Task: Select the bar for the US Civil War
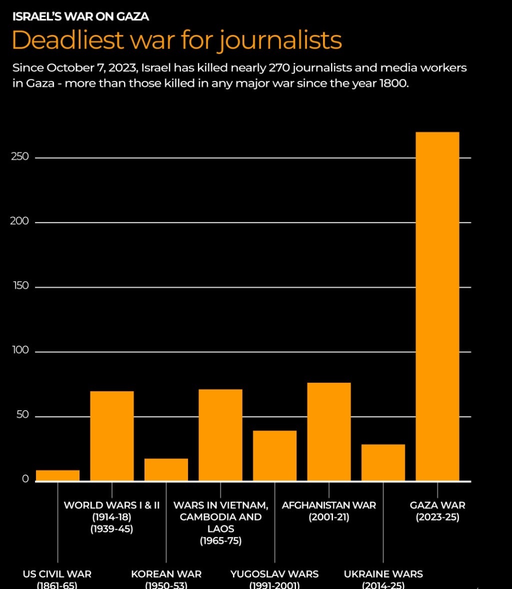click(x=57, y=475)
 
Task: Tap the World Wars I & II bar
click(x=112, y=436)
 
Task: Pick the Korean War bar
click(x=166, y=470)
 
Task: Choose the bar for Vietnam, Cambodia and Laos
click(x=220, y=435)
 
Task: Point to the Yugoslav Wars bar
click(x=274, y=456)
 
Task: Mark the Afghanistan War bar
click(x=329, y=432)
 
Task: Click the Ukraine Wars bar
click(x=383, y=462)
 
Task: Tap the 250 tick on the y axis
click(x=20, y=157)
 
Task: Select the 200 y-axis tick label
click(x=20, y=221)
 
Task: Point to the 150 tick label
click(x=20, y=286)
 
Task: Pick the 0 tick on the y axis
click(x=25, y=479)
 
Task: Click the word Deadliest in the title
click(x=67, y=40)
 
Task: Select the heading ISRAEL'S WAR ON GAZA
click(x=80, y=16)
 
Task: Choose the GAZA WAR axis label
click(x=437, y=505)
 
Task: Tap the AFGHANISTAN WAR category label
click(x=328, y=505)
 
